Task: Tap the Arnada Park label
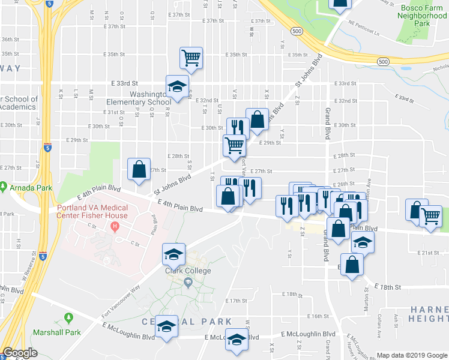click(31, 188)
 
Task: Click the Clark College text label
click(188, 271)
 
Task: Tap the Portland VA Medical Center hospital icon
click(115, 227)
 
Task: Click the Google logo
click(20, 353)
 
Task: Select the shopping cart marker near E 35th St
click(191, 58)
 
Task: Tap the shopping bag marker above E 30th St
click(258, 119)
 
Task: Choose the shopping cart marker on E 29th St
click(234, 144)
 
